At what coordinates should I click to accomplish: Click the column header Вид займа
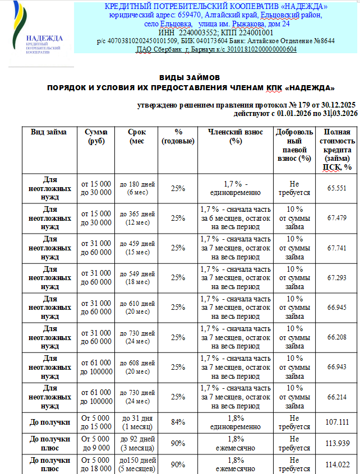tap(49, 132)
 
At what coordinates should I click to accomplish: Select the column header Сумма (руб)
tap(96, 136)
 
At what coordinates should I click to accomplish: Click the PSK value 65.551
tap(338, 188)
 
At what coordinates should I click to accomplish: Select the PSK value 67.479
tap(338, 218)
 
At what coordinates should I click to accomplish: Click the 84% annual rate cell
tap(178, 422)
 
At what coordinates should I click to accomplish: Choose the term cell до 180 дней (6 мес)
tap(137, 188)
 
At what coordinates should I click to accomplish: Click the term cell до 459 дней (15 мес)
tap(137, 248)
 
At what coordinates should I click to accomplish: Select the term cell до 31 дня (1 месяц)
tap(137, 422)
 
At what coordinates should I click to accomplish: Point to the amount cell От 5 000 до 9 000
tap(96, 443)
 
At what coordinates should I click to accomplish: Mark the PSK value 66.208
tap(338, 337)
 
